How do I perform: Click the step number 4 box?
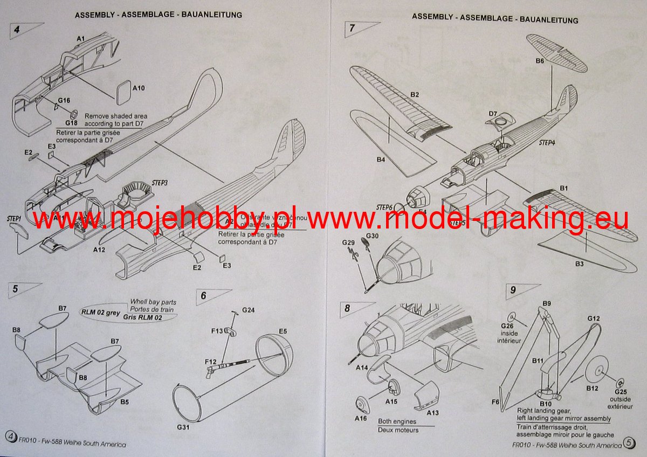17,30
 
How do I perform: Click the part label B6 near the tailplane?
540,61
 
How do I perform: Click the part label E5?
283,331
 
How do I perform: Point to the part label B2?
414,95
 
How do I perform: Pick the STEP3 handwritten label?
160,183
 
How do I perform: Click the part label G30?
372,236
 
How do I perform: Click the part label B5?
124,402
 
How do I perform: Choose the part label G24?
248,310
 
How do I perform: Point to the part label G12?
593,319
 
